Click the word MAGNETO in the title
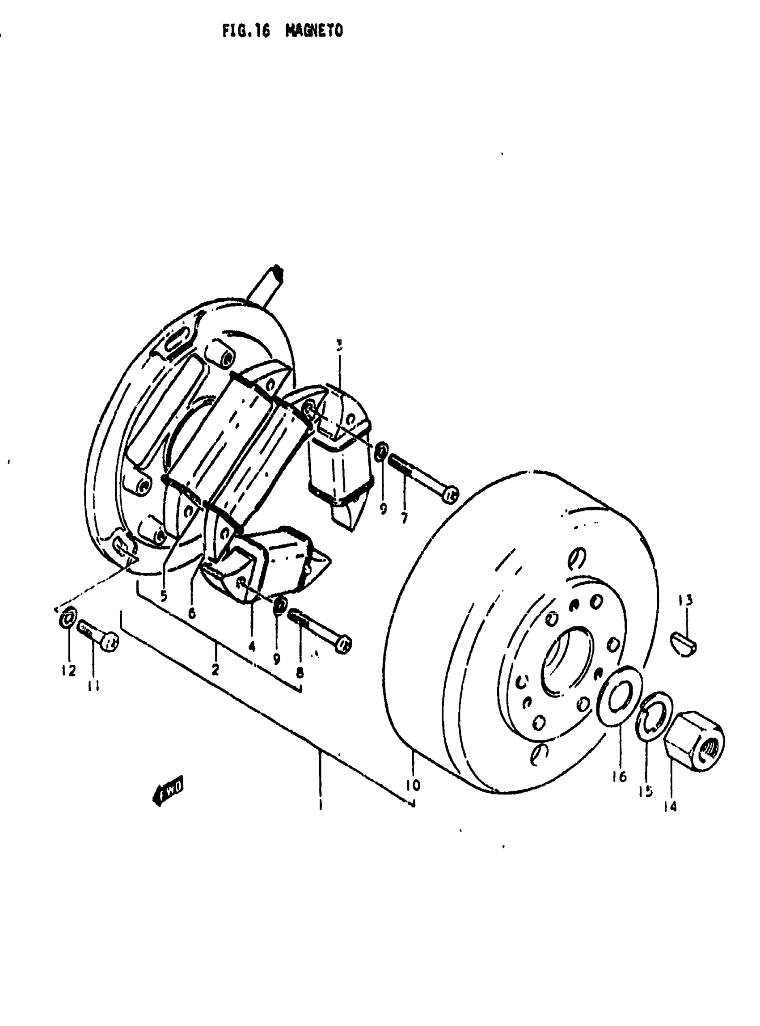[x=314, y=30]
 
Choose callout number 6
[x=192, y=612]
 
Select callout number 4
[x=251, y=646]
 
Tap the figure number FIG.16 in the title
[x=246, y=31]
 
